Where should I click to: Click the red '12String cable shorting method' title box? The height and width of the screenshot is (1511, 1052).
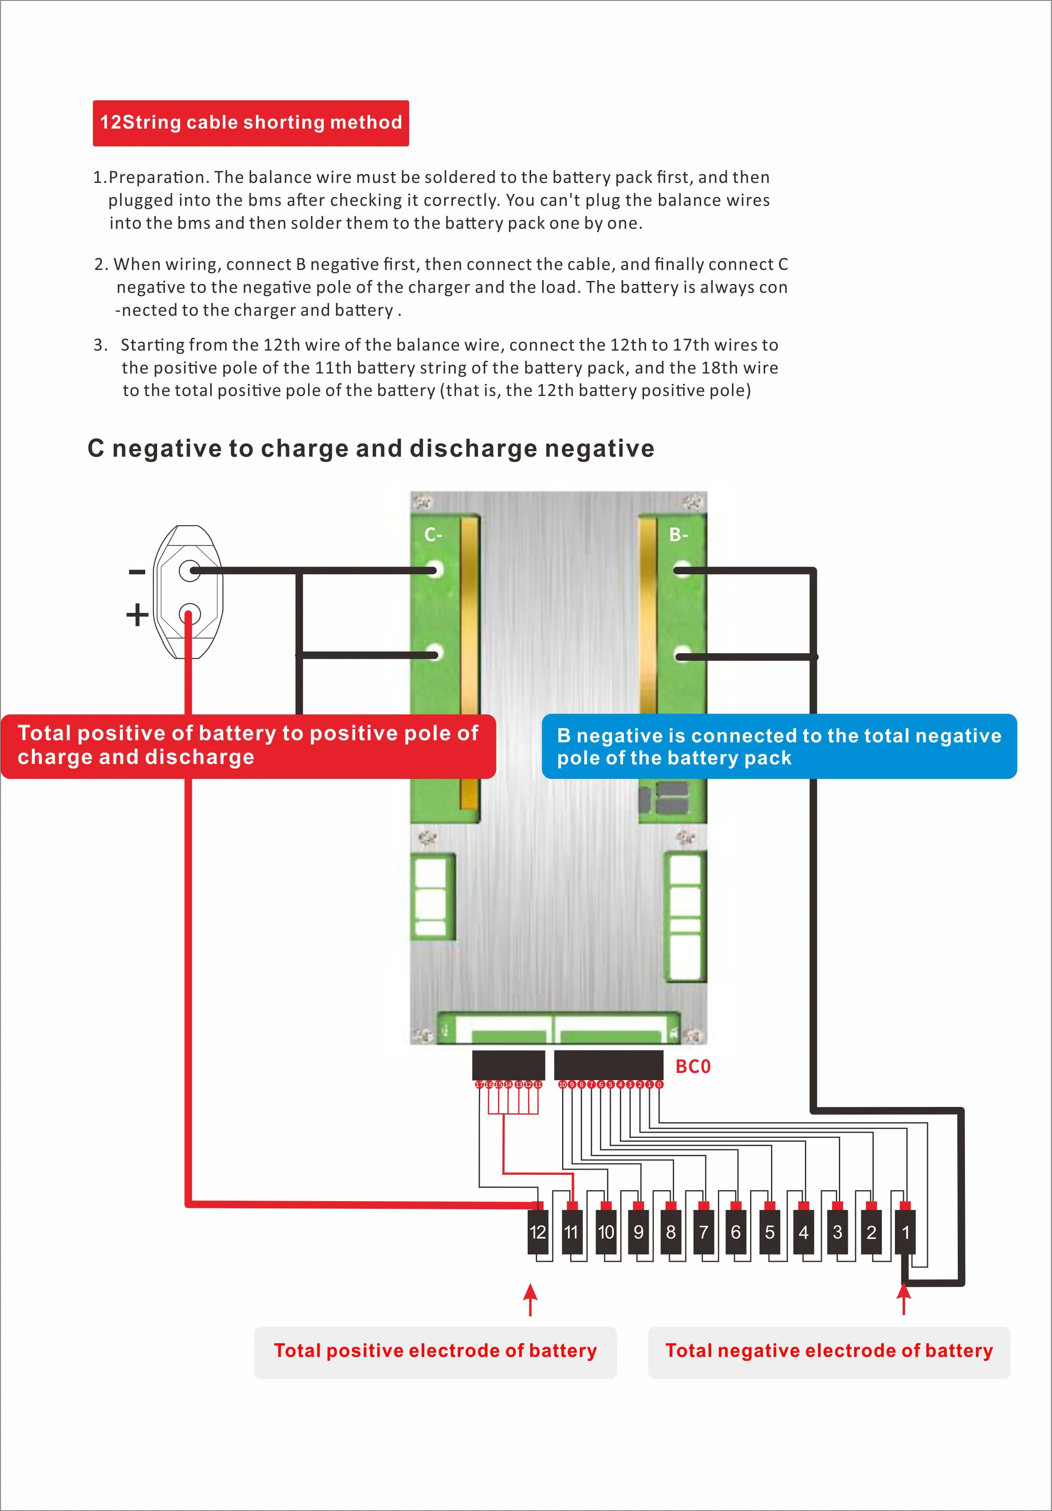251,123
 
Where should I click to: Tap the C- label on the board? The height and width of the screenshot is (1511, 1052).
433,535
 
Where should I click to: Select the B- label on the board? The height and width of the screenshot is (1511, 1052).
679,535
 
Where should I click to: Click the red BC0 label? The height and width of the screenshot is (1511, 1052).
692,1067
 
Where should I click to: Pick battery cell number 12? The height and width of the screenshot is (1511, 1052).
538,1232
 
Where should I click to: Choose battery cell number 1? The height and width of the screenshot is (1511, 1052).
905,1232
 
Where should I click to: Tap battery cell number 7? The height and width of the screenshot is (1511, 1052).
703,1232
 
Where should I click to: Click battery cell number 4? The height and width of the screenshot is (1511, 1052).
803,1232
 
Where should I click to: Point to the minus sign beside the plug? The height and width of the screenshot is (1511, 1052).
137,572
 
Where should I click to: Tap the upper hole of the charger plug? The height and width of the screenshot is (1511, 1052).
190,570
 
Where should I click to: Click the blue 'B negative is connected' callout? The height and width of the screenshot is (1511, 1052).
779,746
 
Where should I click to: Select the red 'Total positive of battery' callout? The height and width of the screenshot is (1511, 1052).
248,746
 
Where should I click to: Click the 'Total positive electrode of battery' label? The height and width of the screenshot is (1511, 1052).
435,1351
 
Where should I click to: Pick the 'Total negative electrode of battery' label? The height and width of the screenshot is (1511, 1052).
829,1351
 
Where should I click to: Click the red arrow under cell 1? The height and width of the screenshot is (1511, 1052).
904,1299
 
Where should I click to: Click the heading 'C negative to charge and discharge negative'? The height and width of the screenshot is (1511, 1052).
371,449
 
